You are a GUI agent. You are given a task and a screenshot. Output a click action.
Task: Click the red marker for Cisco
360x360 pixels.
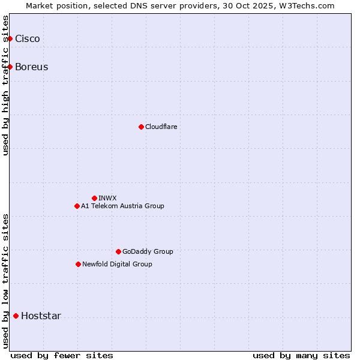pos(10,39)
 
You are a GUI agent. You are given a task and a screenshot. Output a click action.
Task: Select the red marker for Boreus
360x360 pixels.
pos(10,67)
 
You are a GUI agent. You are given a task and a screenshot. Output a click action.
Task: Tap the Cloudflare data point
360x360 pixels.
pos(141,127)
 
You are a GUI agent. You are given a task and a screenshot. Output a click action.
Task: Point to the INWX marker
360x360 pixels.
pos(94,198)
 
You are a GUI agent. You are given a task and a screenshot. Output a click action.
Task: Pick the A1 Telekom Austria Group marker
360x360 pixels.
pos(77,206)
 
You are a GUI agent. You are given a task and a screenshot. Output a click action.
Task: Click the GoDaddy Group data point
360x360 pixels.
pos(118,251)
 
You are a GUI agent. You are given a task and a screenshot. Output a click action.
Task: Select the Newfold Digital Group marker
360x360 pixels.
pos(78,264)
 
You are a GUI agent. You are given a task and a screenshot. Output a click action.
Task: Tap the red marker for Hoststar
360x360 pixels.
pos(16,316)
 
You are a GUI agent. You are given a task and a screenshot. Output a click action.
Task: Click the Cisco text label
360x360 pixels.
pos(28,39)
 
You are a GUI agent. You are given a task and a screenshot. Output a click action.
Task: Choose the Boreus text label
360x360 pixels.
pos(32,67)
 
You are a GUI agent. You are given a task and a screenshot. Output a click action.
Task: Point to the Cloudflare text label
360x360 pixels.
pos(161,127)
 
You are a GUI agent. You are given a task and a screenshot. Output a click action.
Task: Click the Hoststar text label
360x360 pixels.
pos(41,316)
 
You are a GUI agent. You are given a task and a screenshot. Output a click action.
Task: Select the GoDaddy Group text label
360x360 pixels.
pos(148,251)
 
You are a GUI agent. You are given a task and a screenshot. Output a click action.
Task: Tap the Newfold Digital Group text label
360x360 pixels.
pos(117,264)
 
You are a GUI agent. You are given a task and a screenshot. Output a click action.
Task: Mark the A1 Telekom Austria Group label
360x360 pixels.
pos(122,206)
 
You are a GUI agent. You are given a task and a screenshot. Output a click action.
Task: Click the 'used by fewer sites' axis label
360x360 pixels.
pos(62,355)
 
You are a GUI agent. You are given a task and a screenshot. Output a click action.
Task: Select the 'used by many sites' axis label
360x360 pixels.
pos(301,355)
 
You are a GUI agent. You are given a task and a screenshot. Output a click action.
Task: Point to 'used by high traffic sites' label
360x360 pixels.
pos(6,85)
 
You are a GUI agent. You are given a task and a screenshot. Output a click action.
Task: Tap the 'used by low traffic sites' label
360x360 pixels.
pos(6,281)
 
